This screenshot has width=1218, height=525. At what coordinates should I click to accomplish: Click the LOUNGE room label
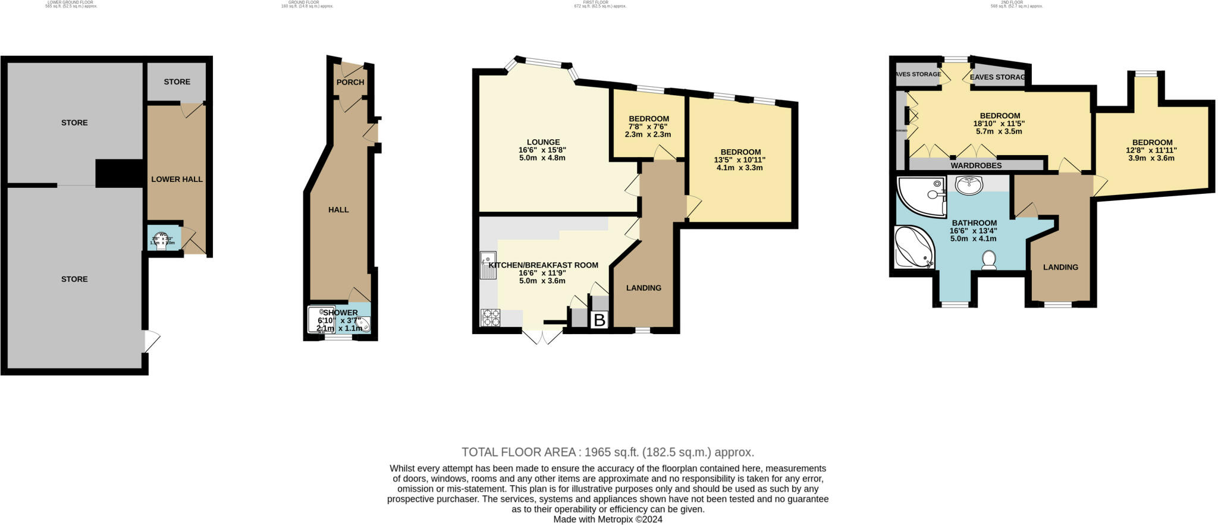[x=543, y=142]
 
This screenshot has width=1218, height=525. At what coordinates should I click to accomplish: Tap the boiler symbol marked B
[x=599, y=320]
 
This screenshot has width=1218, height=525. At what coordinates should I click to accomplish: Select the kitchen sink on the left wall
[x=488, y=265]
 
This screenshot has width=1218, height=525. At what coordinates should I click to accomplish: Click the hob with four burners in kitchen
[x=490, y=317]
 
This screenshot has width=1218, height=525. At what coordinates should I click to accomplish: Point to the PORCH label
[x=350, y=82]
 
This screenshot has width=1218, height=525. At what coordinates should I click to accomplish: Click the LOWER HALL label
[x=177, y=179]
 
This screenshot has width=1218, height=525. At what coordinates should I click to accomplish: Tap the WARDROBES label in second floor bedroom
[x=976, y=165]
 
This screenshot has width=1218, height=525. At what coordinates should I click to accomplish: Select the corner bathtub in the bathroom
[x=914, y=247]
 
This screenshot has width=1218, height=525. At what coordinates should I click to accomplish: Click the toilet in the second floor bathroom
[x=989, y=260]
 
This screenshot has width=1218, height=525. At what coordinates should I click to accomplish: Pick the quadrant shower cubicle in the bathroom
[x=919, y=196]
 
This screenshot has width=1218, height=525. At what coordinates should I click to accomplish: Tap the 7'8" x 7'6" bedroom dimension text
[x=648, y=127]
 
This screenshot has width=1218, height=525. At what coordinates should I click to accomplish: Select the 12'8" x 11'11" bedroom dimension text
[x=1152, y=150]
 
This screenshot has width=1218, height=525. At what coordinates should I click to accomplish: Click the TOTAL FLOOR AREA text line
[x=608, y=452]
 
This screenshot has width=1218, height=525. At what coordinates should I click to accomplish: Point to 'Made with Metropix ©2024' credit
[x=608, y=519]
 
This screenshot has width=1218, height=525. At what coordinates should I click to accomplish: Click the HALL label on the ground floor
[x=338, y=209]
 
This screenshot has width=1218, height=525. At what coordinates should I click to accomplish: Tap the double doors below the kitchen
[x=543, y=337]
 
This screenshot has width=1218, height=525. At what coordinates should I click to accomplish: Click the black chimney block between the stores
[x=119, y=173]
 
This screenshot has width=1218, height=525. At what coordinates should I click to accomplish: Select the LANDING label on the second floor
[x=1060, y=267]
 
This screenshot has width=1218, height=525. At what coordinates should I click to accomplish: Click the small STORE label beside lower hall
[x=177, y=81]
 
